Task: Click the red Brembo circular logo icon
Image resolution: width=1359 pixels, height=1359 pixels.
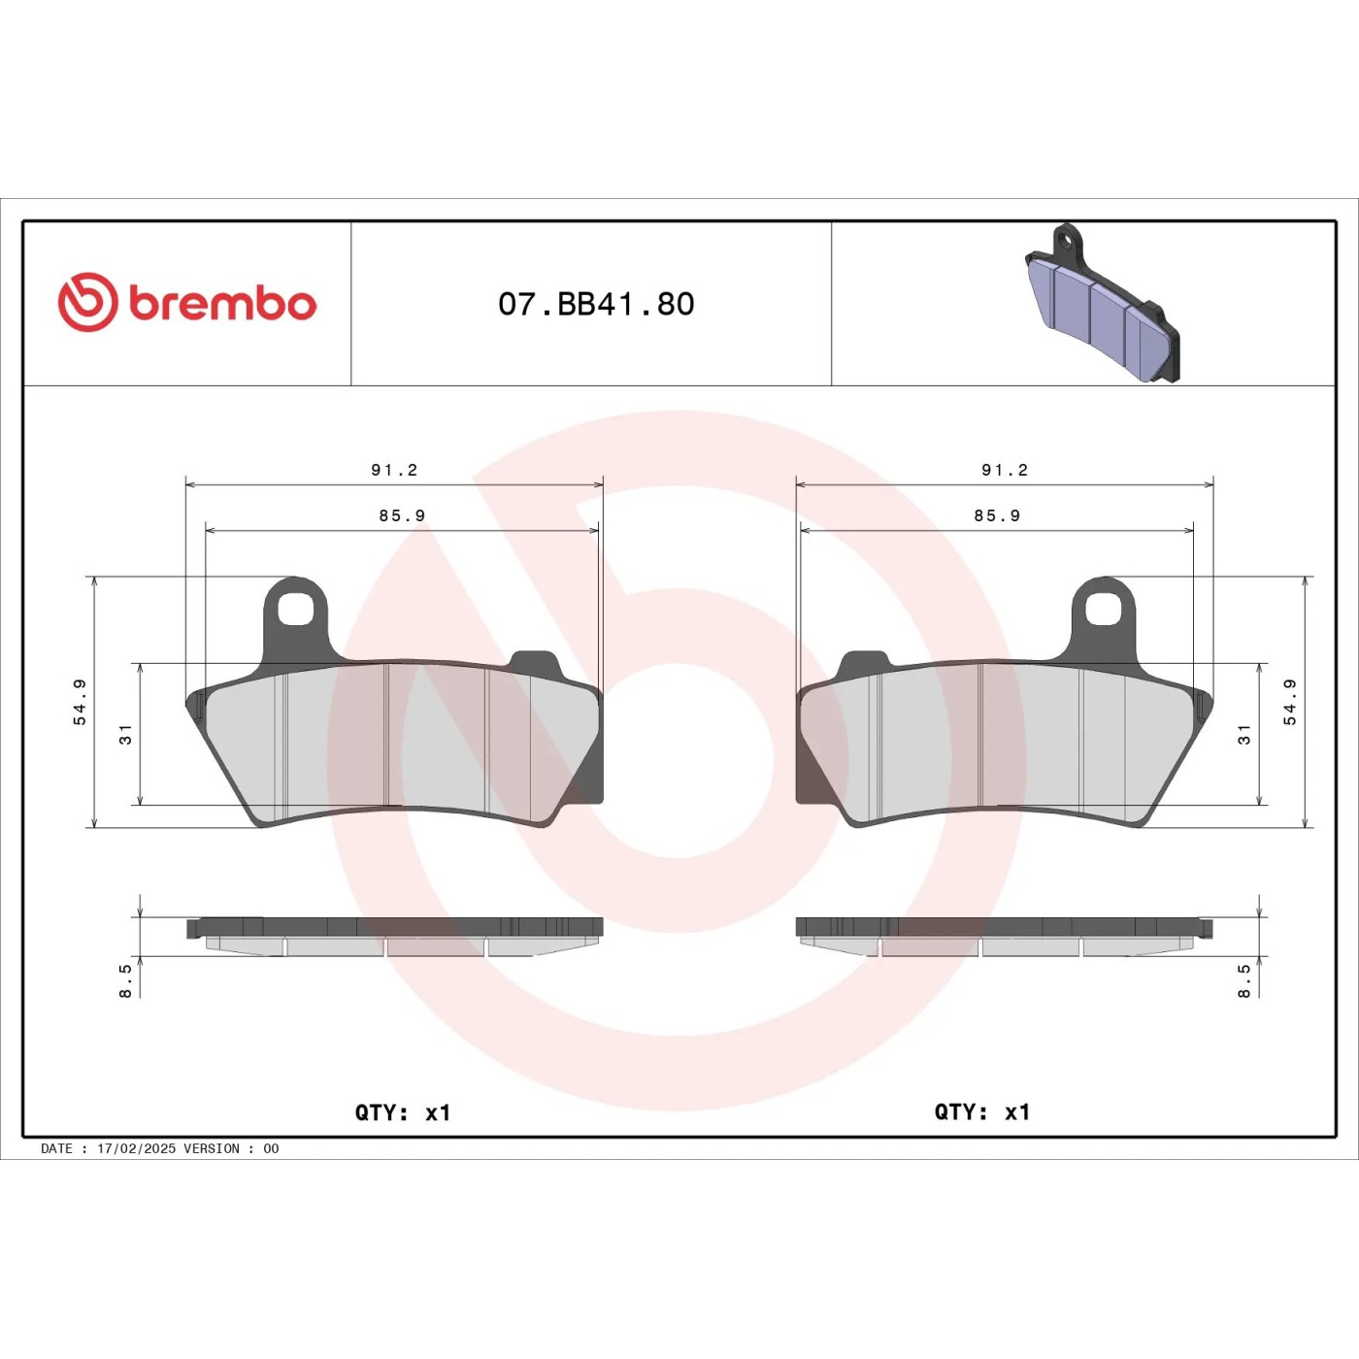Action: point(88,302)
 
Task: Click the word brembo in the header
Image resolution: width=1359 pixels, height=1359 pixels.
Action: point(223,304)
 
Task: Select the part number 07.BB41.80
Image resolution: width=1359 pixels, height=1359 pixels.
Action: point(596,304)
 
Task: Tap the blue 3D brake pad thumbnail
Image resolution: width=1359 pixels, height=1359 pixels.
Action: point(1104,303)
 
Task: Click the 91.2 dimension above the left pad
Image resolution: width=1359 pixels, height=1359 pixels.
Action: point(394,470)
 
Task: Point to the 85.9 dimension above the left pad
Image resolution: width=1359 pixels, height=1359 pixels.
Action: point(402,515)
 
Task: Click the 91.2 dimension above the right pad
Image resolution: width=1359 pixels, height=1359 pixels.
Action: point(1005,470)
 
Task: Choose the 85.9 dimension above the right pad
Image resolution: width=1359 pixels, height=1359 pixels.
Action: point(997,515)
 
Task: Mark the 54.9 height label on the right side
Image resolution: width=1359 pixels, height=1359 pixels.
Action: point(1290,702)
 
